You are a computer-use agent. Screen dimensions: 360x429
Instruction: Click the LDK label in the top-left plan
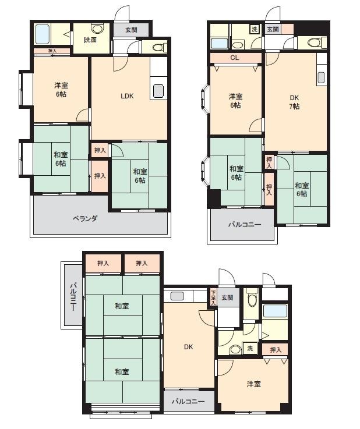pyautogui.click(x=127, y=96)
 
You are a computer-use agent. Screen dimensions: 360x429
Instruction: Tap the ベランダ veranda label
pyautogui.click(x=85, y=219)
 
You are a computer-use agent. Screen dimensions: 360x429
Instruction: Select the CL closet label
pyautogui.click(x=235, y=58)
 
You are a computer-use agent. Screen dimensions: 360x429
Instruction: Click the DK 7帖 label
pyautogui.click(x=294, y=102)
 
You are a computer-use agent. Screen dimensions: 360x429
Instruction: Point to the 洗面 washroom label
pyautogui.click(x=90, y=40)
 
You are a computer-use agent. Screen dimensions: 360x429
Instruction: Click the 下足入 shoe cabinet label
pyautogui.click(x=213, y=297)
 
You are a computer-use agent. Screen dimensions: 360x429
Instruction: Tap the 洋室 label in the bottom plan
pyautogui.click(x=254, y=384)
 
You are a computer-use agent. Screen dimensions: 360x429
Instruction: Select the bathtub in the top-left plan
pyautogui.click(x=43, y=34)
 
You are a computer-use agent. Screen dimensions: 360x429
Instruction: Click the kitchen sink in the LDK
pyautogui.click(x=158, y=91)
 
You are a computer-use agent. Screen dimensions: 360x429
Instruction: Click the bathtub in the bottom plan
pyautogui.click(x=274, y=311)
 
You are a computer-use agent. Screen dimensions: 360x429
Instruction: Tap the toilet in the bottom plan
pyautogui.click(x=250, y=299)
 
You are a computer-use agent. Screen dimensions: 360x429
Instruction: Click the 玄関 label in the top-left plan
pyautogui.click(x=131, y=30)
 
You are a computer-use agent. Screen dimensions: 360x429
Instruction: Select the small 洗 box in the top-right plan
pyautogui.click(x=255, y=29)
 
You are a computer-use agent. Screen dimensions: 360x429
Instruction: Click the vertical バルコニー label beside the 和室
pyautogui.click(x=73, y=297)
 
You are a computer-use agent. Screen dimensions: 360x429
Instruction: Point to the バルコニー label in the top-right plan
pyautogui.click(x=245, y=225)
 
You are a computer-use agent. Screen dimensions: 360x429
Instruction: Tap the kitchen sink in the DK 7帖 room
pyautogui.click(x=321, y=77)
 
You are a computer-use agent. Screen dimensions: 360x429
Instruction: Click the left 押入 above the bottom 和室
pyautogui.click(x=103, y=263)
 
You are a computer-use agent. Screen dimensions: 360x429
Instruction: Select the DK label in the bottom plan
pyautogui.click(x=188, y=347)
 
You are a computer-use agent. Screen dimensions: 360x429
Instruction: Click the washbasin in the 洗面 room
pyautogui.click(x=97, y=28)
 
